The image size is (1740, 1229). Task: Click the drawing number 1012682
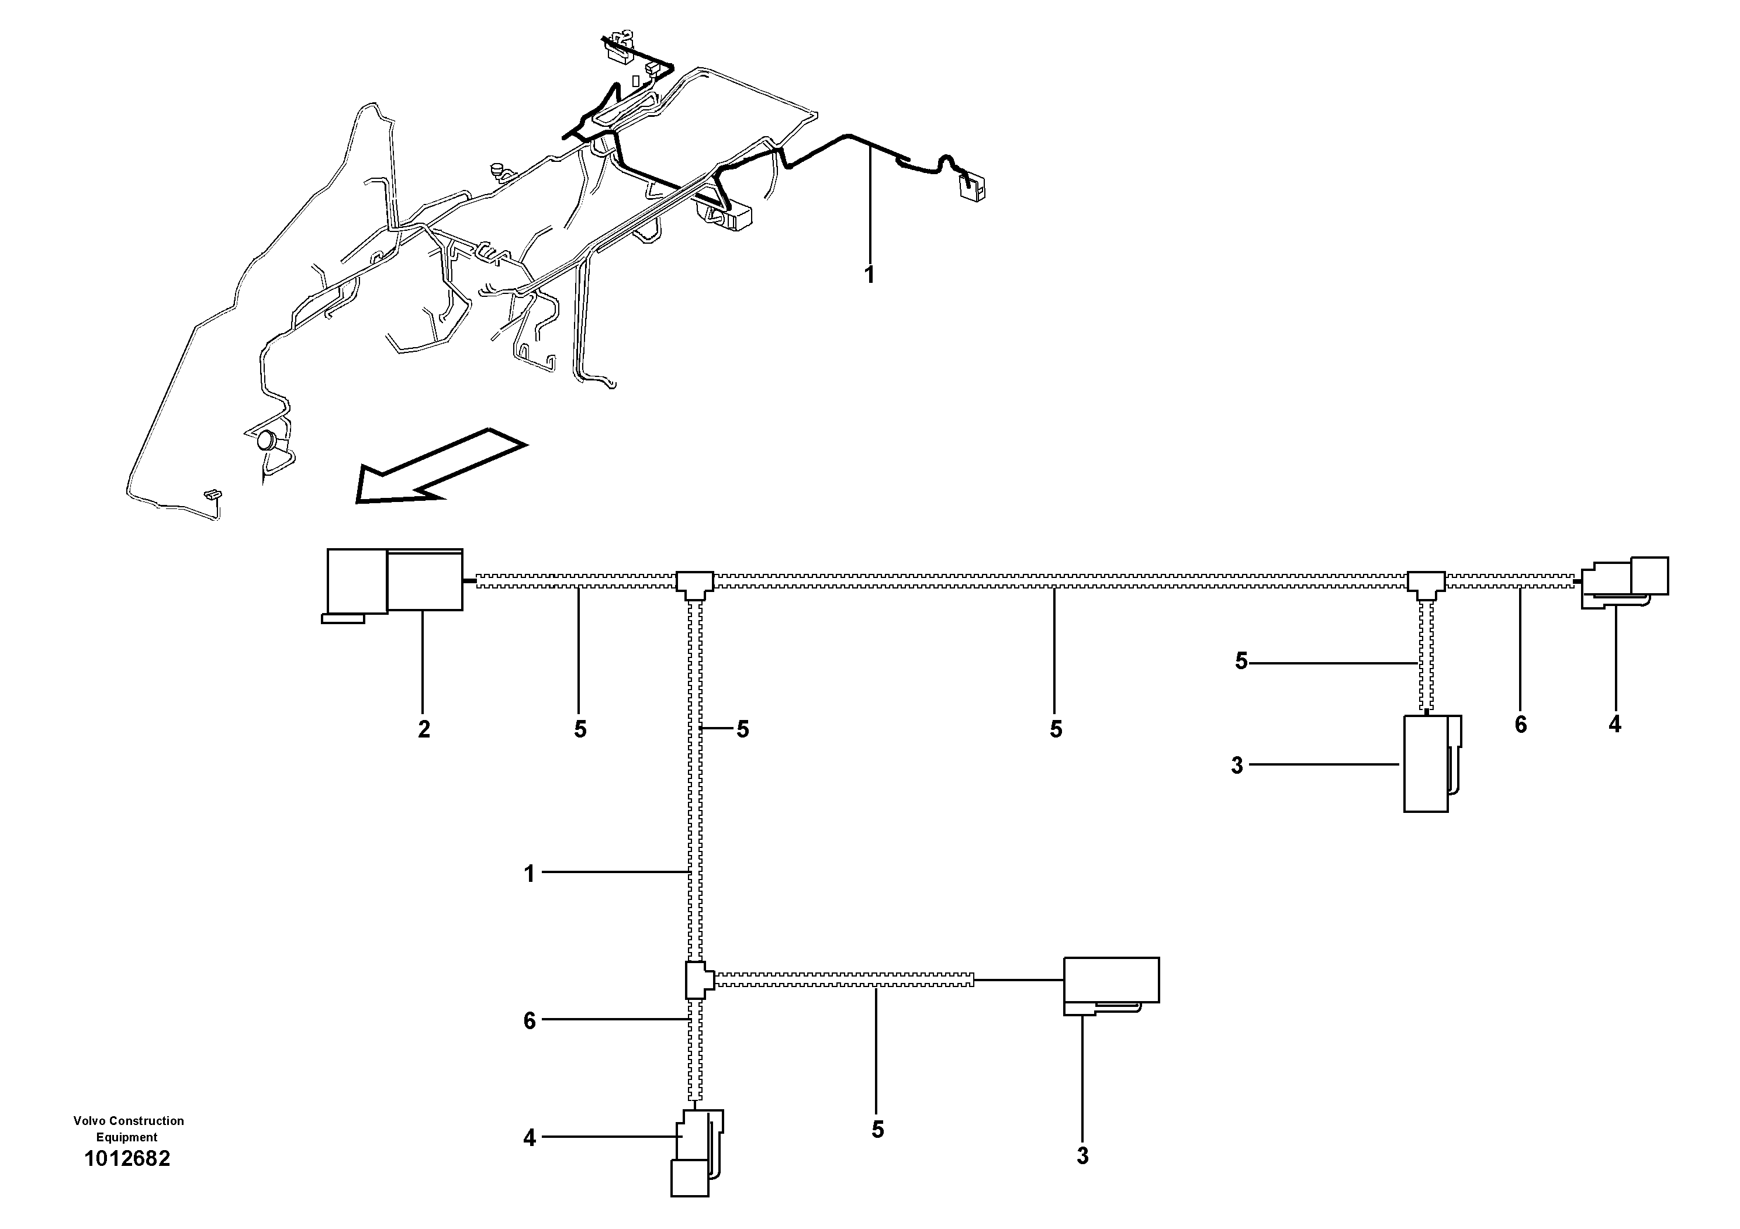coord(127,1158)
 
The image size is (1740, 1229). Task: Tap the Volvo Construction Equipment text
coord(128,1128)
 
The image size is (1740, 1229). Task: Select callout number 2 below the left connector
coord(424,729)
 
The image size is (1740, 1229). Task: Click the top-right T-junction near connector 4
coord(1426,583)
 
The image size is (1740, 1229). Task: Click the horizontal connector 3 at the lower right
coord(1111,984)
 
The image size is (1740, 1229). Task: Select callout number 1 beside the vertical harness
coord(529,874)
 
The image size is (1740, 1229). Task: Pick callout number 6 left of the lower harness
coord(529,1020)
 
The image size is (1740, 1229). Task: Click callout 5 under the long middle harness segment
coord(1056,729)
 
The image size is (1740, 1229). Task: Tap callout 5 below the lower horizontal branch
coord(877,1130)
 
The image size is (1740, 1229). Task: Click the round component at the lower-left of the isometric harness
coord(268,440)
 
